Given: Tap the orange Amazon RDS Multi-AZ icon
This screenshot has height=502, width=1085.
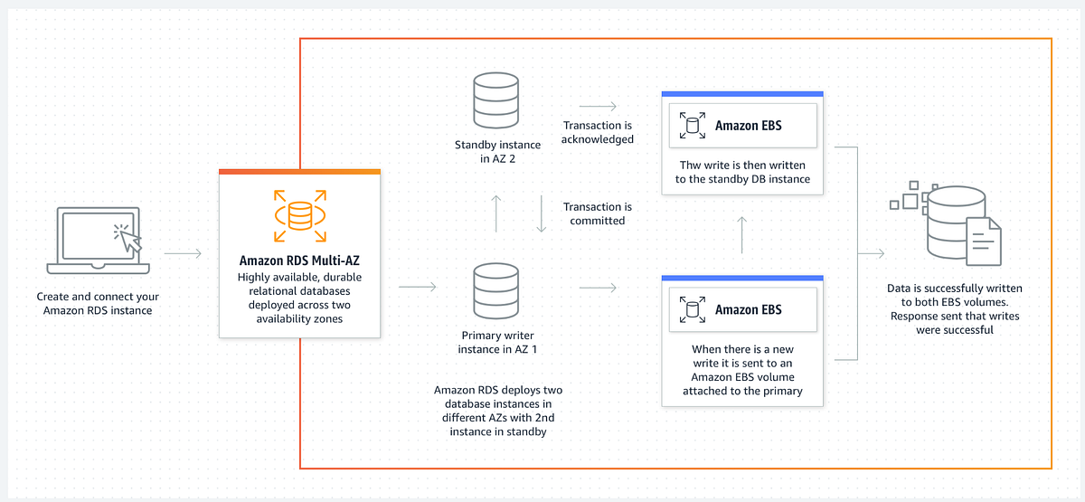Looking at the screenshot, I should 299,215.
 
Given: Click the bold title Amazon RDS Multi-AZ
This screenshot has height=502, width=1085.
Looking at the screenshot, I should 299,261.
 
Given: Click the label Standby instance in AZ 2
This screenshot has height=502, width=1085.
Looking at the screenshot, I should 497,152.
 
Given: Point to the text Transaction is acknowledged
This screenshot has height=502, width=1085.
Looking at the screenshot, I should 597,132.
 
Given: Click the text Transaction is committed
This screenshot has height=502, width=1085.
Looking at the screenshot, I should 597,213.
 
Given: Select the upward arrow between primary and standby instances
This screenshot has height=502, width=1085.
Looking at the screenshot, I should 496,213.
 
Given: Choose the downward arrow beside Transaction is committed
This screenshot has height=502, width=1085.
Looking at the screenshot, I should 541,213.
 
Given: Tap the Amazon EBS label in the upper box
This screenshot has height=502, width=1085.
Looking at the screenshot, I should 748,127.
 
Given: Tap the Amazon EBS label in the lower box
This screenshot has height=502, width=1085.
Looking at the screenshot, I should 748,310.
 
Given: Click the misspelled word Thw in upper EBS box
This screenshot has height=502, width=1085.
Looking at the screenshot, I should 692,166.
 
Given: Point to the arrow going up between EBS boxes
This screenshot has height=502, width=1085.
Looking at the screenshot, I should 741,234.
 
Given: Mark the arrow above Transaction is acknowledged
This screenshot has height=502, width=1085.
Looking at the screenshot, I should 597,106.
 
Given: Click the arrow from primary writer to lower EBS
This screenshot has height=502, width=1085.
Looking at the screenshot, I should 597,288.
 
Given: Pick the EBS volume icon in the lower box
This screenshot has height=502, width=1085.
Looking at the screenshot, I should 693,310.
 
